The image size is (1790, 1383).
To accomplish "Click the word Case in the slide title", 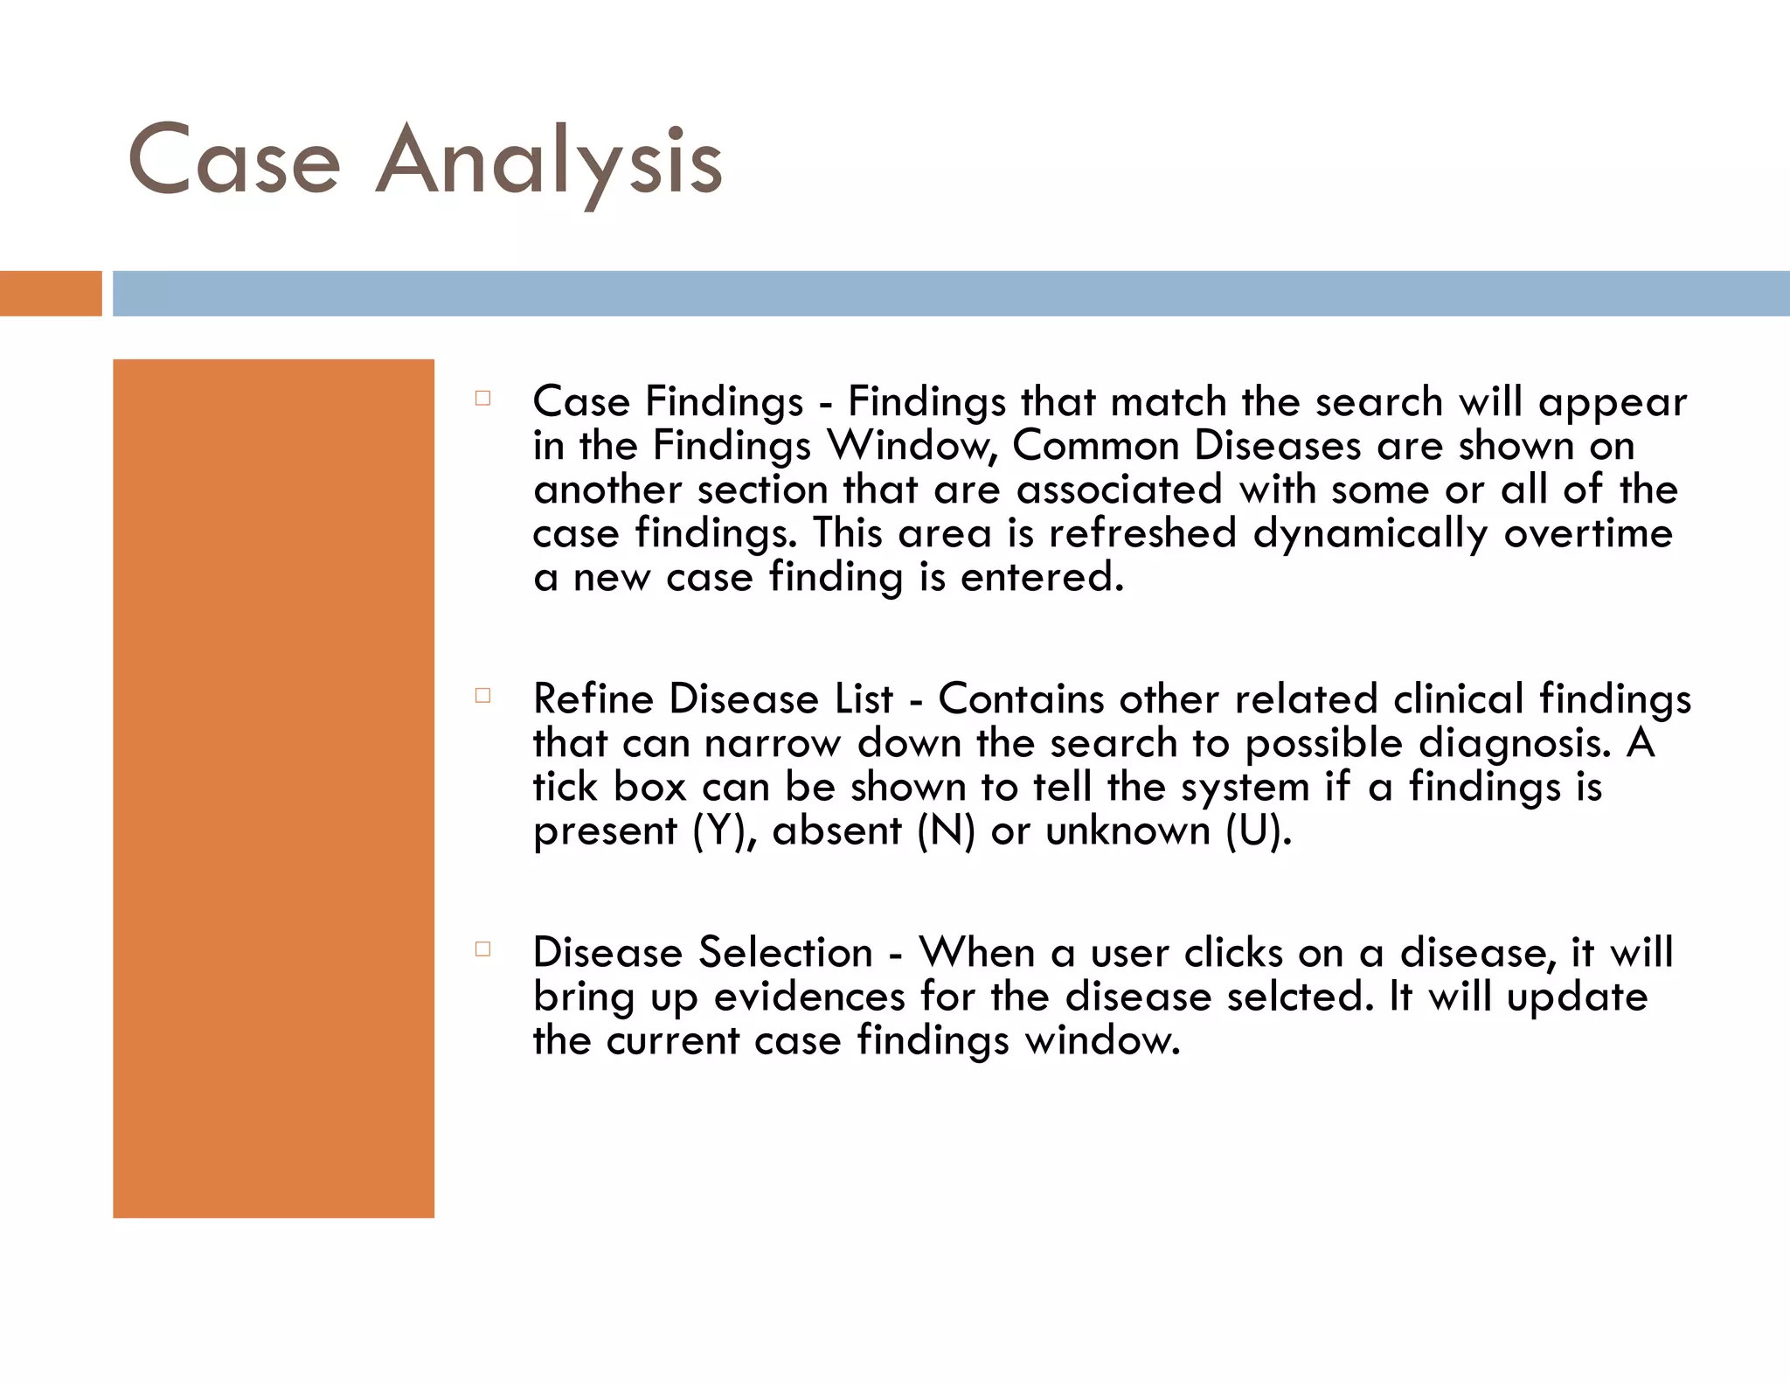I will point(234,162).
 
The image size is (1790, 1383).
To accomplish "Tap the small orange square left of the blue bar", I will point(51,293).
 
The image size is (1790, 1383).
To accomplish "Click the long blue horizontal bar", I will point(951,293).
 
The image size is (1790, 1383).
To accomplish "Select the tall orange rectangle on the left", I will point(274,788).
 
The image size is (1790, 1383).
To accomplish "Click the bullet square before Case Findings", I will point(482,399).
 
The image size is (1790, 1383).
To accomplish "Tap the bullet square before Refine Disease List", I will point(482,696).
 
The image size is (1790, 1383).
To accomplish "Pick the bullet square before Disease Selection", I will point(482,949).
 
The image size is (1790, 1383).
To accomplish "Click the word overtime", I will point(1588,533).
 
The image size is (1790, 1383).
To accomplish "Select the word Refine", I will point(593,699).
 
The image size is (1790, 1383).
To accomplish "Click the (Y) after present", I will point(724,831).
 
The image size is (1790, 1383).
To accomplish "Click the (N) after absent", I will point(946,831).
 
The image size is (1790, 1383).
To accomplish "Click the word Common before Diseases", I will point(1096,446).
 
